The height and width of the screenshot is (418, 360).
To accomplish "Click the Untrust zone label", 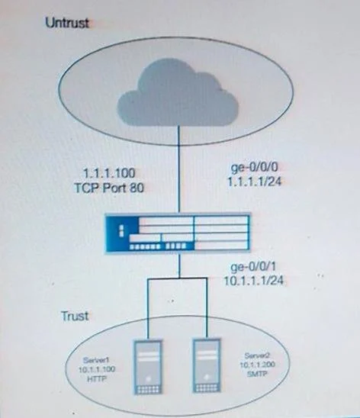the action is pyautogui.click(x=67, y=22).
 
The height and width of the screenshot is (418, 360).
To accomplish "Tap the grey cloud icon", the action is pyautogui.click(x=177, y=92).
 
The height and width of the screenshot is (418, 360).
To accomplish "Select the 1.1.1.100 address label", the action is pyautogui.click(x=109, y=173).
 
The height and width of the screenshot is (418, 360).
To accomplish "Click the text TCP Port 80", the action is pyautogui.click(x=109, y=188).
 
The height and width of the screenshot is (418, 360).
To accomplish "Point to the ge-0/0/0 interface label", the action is pyautogui.click(x=255, y=168).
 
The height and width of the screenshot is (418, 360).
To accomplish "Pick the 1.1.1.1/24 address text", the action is pyautogui.click(x=254, y=182).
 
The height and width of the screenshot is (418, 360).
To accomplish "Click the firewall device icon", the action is pyautogui.click(x=178, y=233).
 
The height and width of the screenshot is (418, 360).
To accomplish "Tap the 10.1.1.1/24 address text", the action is pyautogui.click(x=253, y=281).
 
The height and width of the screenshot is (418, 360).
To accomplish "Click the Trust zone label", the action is pyautogui.click(x=75, y=316).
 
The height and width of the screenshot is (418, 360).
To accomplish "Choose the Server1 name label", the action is pyautogui.click(x=96, y=360).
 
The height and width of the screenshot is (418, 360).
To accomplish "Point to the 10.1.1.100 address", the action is pyautogui.click(x=97, y=369).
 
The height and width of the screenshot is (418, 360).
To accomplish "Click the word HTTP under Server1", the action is pyautogui.click(x=97, y=378).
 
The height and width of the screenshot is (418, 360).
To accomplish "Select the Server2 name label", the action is pyautogui.click(x=257, y=355).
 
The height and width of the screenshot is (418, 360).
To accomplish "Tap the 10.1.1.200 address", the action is pyautogui.click(x=257, y=365).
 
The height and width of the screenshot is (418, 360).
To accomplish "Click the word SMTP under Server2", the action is pyautogui.click(x=257, y=374).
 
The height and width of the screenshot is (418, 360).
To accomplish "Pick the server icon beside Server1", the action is pyautogui.click(x=148, y=367).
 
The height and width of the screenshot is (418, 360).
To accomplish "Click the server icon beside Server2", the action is pyautogui.click(x=207, y=366).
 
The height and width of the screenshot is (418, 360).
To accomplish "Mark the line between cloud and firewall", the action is pyautogui.click(x=178, y=169).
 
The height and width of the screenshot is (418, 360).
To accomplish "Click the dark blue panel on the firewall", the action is pyautogui.click(x=122, y=230).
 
